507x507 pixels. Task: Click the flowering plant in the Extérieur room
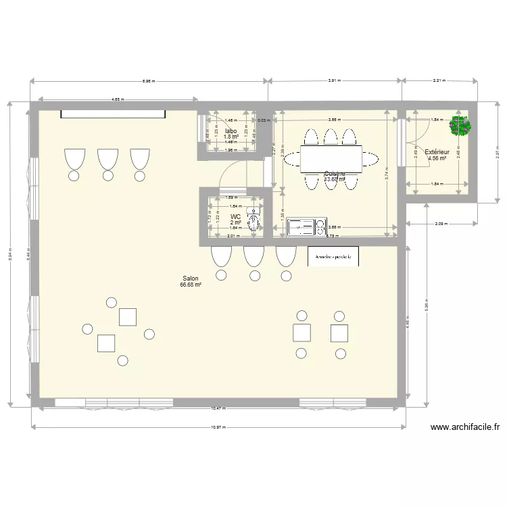460,126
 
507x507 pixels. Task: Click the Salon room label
191,279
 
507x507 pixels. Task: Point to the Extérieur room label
437,152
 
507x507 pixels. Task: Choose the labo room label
231,130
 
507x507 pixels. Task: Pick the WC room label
235,217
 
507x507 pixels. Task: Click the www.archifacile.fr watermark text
464,427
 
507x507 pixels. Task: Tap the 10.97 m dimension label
216,428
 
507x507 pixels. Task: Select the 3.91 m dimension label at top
335,81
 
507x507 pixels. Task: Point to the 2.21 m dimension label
439,81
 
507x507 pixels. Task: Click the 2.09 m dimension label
439,223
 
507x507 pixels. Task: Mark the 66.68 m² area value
191,285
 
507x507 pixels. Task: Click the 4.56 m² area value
437,159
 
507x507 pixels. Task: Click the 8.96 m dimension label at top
148,81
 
